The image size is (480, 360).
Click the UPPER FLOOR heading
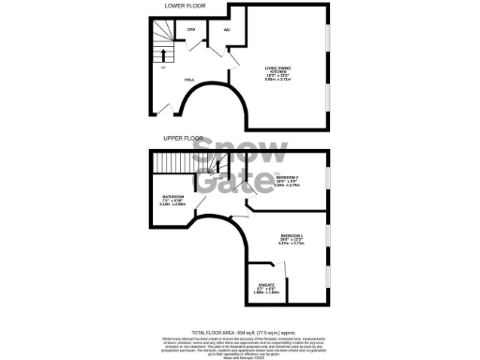[184, 138]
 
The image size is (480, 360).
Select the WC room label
[227, 30]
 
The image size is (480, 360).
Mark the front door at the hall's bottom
[168, 111]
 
